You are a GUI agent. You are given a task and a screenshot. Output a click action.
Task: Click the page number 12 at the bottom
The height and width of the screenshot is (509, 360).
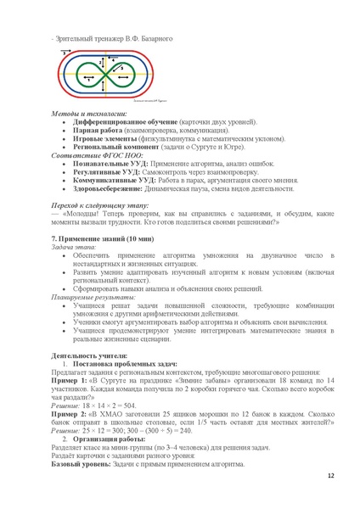pyautogui.click(x=330, y=477)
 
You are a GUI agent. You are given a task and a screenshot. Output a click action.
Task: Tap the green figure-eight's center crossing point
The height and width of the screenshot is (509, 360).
pyautogui.click(x=103, y=75)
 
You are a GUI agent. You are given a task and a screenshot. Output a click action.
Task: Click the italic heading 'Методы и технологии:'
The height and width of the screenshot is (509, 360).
pyautogui.click(x=88, y=113)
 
